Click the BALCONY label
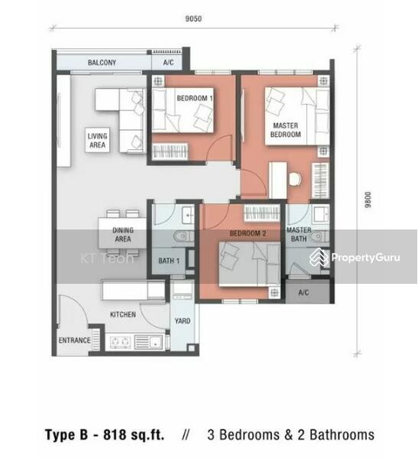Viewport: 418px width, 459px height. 102,63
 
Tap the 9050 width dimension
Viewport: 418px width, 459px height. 193,18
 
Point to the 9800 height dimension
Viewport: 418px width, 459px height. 368,200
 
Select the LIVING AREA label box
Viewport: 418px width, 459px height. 97,140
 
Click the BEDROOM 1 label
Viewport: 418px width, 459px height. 195,98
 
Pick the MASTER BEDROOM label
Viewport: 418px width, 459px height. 286,130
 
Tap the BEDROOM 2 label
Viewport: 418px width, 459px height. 248,233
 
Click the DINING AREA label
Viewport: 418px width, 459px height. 123,235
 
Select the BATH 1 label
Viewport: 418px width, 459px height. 169,261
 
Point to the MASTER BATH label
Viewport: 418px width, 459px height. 299,234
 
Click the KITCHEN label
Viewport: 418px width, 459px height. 123,314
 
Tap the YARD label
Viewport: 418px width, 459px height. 183,321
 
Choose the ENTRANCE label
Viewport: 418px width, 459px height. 75,340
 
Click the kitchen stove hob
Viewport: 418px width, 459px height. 120,342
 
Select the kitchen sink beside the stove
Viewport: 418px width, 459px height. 148,342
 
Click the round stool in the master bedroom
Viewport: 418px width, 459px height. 295,180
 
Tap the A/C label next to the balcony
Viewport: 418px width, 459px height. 168,63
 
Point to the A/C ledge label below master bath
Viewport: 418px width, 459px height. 303,292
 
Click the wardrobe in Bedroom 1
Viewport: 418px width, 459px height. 170,151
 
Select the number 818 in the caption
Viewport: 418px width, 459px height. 115,435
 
